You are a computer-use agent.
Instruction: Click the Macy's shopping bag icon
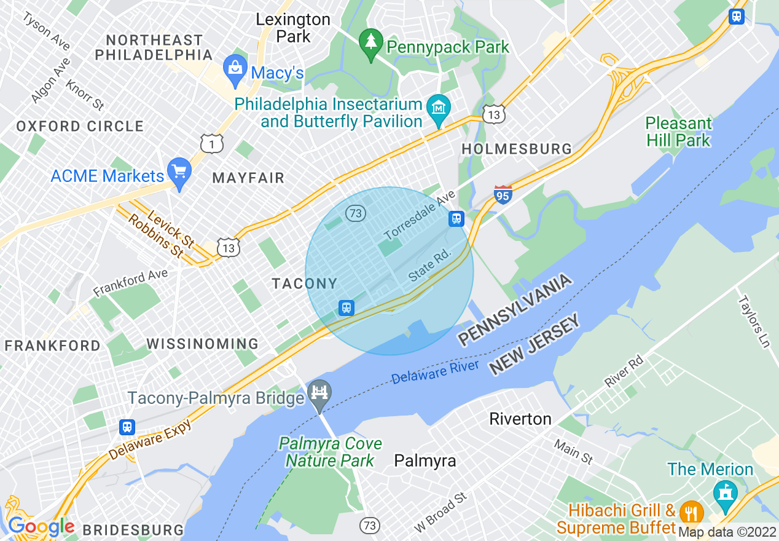click(x=235, y=64)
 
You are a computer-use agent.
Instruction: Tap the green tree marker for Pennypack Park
click(x=370, y=42)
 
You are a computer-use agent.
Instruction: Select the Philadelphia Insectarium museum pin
click(x=439, y=109)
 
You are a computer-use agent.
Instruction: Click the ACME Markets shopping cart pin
click(x=179, y=171)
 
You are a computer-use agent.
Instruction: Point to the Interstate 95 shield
click(x=503, y=194)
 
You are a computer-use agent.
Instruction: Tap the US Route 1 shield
click(x=211, y=144)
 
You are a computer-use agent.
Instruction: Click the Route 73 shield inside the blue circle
click(x=356, y=213)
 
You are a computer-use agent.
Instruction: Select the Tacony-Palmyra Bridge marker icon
click(x=319, y=392)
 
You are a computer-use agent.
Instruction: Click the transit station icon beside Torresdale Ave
click(x=456, y=218)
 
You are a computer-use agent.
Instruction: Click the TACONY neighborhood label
click(x=305, y=283)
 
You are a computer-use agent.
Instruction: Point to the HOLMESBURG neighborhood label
click(x=517, y=149)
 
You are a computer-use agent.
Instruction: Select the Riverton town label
click(x=520, y=419)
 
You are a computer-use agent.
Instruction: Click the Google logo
click(x=41, y=526)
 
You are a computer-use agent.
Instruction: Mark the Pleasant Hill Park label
click(x=678, y=132)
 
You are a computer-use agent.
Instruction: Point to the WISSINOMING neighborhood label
click(x=202, y=344)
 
